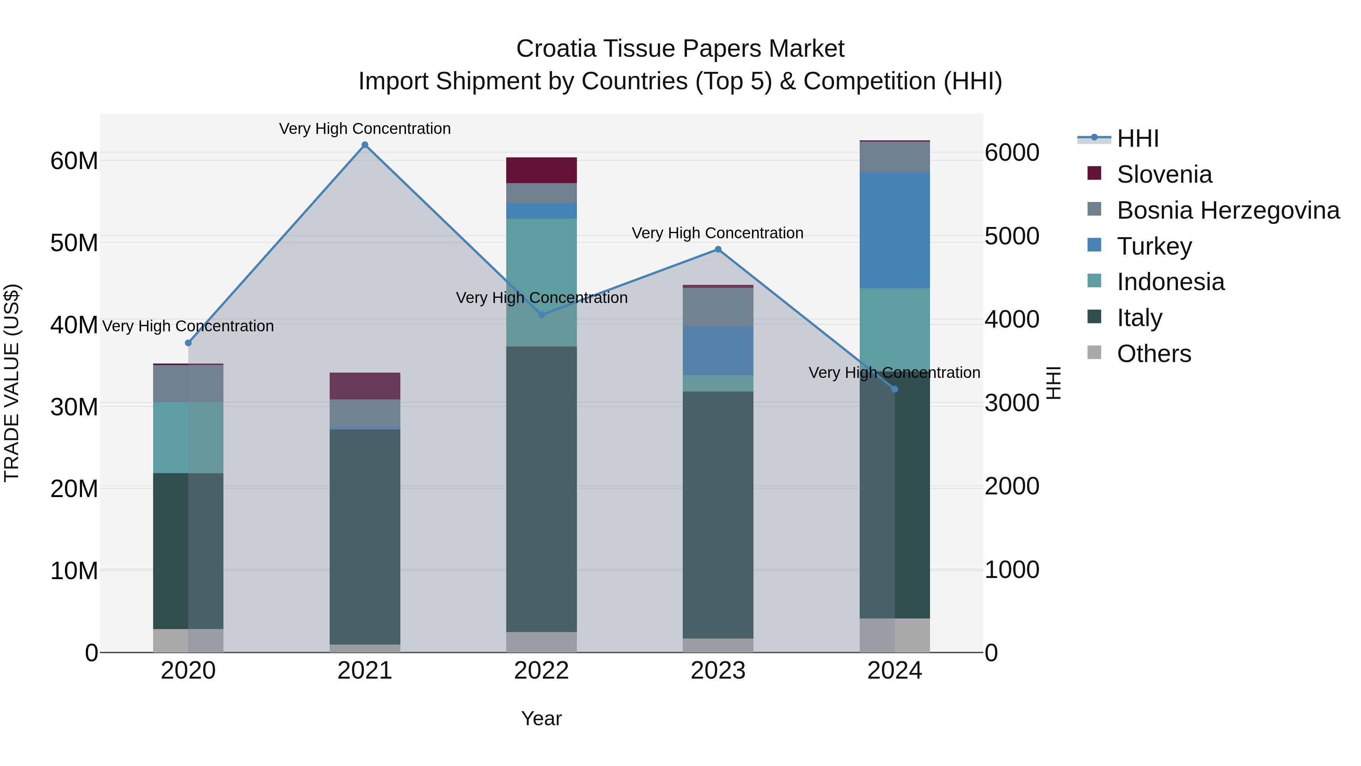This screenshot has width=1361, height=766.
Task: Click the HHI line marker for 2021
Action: [x=364, y=145]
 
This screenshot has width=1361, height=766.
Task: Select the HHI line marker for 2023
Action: [x=718, y=250]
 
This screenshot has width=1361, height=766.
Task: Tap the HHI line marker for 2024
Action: [x=894, y=389]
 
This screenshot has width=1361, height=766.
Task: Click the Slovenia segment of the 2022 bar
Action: [x=541, y=170]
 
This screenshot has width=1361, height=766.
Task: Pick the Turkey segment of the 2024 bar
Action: [x=894, y=230]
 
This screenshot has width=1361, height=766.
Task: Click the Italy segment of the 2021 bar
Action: [x=364, y=536]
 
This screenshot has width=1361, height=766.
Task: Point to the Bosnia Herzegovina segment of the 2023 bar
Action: [x=718, y=307]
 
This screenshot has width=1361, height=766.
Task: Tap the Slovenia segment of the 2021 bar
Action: [x=364, y=386]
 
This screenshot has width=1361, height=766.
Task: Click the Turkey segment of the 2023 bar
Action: [x=718, y=351]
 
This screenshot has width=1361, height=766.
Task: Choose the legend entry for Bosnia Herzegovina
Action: [x=1228, y=210]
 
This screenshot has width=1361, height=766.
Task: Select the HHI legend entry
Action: [x=1138, y=138]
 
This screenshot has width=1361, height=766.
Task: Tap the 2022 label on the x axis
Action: [x=541, y=671]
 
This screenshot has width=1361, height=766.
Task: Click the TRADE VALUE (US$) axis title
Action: [x=12, y=383]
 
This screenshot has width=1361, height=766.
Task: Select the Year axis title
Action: [x=541, y=718]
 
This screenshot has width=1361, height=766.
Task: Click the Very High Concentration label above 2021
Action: [x=364, y=129]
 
